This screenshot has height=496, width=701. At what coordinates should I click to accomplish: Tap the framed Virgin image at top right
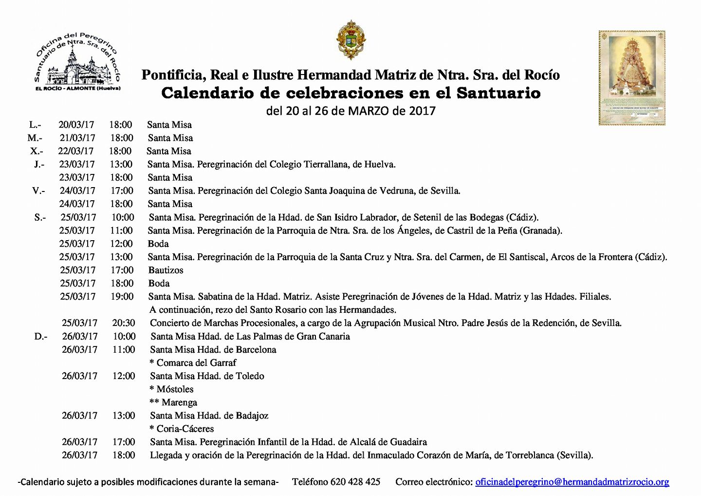tap(631, 78)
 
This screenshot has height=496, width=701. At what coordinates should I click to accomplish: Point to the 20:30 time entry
tap(124, 323)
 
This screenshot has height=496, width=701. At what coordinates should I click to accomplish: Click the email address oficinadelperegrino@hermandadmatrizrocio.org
tap(572, 482)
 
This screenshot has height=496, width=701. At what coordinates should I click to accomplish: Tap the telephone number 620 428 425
tap(355, 482)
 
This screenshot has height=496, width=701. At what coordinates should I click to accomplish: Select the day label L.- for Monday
tap(35, 125)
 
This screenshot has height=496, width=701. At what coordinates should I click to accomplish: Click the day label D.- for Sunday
tap(41, 337)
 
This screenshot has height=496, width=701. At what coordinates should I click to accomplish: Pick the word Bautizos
tap(166, 270)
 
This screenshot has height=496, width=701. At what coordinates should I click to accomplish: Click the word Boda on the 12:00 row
tap(158, 244)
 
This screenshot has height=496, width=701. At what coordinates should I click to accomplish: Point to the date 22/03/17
tap(76, 152)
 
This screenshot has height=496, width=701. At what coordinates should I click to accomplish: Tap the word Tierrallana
tap(324, 165)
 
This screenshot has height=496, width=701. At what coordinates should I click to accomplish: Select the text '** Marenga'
tap(173, 403)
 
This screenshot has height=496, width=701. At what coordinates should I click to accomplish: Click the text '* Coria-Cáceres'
tap(182, 429)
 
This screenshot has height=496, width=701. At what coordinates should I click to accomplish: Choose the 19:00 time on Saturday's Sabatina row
tap(122, 297)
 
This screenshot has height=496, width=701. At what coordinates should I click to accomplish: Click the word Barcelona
tap(256, 350)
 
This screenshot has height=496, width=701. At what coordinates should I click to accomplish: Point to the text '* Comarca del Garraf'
tap(193, 363)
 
